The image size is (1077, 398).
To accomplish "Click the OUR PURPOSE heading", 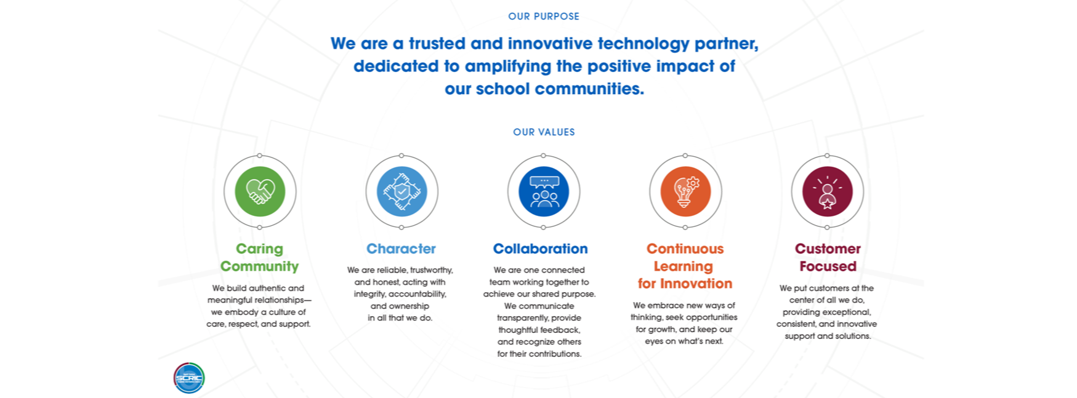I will click(544, 17).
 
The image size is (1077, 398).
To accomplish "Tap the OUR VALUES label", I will click(544, 132).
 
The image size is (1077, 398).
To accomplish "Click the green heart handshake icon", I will click(260, 191).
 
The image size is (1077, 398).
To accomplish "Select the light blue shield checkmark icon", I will click(401, 191).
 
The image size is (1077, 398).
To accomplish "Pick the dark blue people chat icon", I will click(544, 191).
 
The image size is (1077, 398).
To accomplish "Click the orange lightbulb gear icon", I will click(685, 191).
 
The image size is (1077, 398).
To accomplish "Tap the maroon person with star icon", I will click(827, 191).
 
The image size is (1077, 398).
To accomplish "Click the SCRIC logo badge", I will click(189, 378).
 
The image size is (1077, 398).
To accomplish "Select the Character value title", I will click(401, 249).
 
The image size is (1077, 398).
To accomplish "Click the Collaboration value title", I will click(540, 249).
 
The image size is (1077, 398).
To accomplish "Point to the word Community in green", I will click(259, 266).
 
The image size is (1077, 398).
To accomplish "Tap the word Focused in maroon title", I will click(828, 266).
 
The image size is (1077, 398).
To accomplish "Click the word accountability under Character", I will click(417, 294).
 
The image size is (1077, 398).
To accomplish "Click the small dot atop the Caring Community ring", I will click(260, 156).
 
